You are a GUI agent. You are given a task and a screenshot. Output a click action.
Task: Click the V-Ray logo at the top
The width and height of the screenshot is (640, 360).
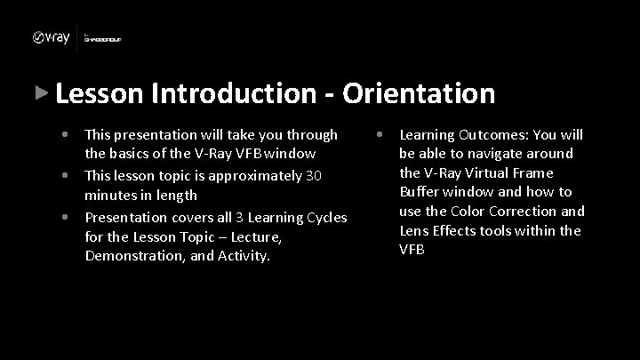click(52, 37)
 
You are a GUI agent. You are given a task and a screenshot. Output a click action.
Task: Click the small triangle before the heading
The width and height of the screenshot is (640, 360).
click(39, 92)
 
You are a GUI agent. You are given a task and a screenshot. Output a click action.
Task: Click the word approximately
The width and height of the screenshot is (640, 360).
click(260, 175)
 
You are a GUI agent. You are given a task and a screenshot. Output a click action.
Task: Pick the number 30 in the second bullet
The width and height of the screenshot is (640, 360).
click(314, 175)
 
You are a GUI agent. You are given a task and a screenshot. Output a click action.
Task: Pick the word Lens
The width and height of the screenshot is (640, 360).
click(415, 230)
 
